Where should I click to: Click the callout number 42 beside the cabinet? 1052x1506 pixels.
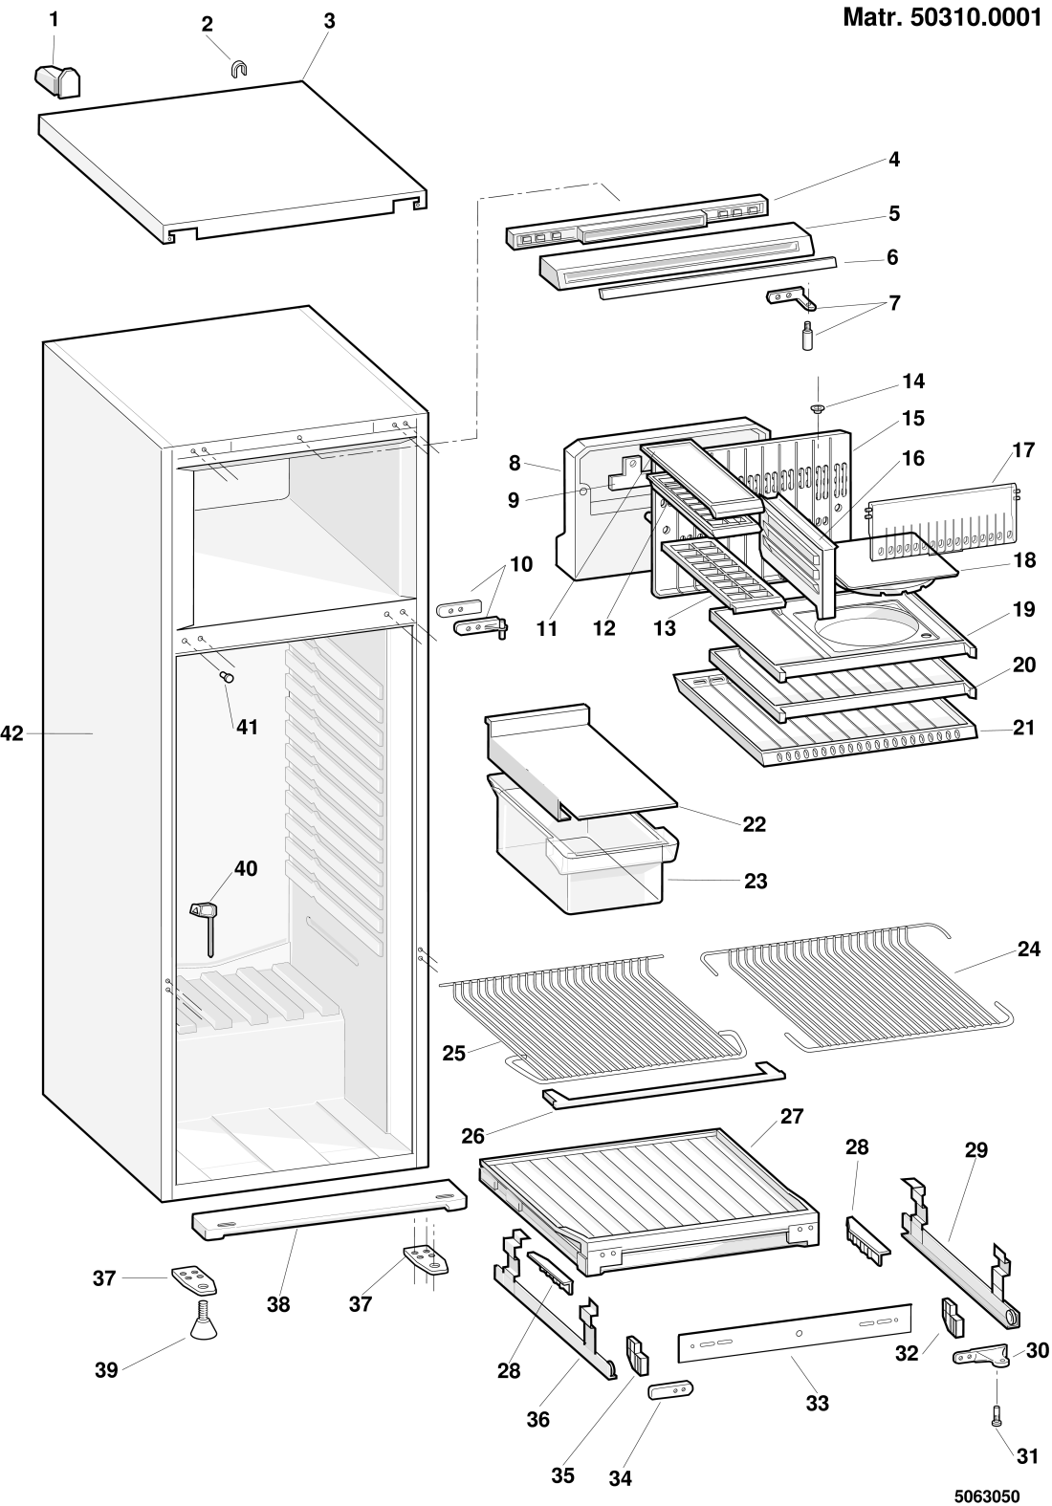[11, 733]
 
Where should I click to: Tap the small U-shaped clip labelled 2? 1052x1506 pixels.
[238, 67]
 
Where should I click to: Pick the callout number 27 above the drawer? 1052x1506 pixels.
[792, 1115]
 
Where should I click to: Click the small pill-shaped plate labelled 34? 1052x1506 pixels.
[669, 1389]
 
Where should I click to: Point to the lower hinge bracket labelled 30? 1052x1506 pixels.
[982, 1356]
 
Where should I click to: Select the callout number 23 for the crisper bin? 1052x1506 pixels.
[756, 880]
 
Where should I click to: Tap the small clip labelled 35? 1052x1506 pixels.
[637, 1355]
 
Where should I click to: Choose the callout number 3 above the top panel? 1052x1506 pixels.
[329, 20]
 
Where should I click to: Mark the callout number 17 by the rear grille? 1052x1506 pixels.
[1023, 449]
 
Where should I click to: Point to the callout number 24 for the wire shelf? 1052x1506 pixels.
[1029, 949]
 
